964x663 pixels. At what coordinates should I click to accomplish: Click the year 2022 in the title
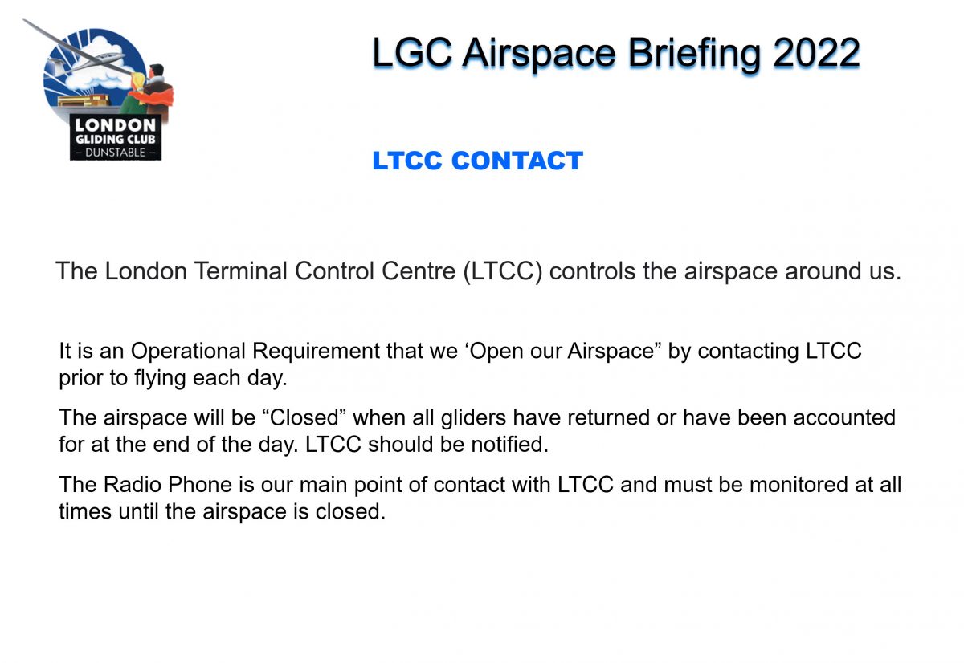[816, 53]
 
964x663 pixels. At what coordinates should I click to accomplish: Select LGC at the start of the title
[412, 53]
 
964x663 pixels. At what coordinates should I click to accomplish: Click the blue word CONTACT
[517, 161]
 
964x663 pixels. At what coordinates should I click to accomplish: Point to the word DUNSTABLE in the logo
[116, 153]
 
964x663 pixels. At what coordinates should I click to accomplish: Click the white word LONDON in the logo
[116, 125]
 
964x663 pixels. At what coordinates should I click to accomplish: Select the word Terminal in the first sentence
[240, 270]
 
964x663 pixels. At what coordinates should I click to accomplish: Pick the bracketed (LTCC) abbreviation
[503, 272]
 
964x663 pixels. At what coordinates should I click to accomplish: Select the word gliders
[473, 418]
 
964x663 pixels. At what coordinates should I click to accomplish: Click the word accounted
[844, 417]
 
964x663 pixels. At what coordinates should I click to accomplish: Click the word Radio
[133, 485]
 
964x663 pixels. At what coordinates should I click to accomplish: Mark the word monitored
[799, 485]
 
